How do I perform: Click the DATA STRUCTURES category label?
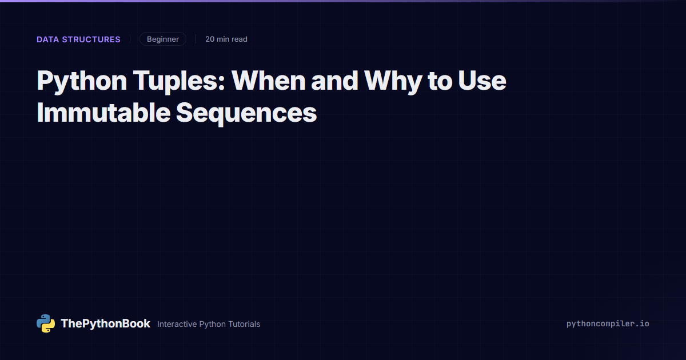pos(78,39)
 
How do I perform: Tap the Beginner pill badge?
pos(163,39)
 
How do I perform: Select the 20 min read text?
pos(226,39)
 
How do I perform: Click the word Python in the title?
pos(82,81)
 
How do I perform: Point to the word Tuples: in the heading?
pos(179,81)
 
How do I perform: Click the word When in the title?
pos(269,81)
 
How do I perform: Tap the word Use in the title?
pos(482,81)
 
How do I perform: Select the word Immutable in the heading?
pos(103,113)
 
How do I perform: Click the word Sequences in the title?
pos(246,114)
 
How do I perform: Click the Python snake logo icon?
pos(46,323)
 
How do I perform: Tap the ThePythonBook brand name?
pos(105,323)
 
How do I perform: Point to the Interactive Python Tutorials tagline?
pos(209,324)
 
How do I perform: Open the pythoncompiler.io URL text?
pos(608,324)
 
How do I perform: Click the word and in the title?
pos(335,81)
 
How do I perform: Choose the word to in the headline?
pos(440,81)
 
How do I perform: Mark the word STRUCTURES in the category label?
pos(91,39)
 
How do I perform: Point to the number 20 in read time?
pos(210,39)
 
